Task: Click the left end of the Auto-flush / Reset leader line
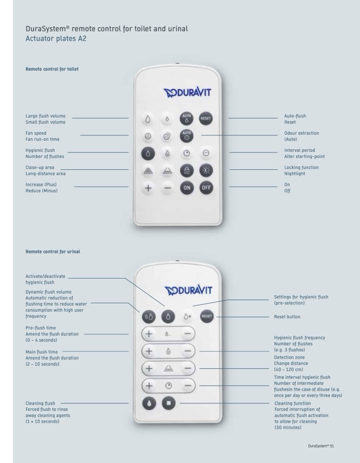click(228, 118)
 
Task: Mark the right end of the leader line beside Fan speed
click(128, 135)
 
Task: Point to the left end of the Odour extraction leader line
click(202, 135)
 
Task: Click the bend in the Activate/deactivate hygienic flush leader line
click(125, 278)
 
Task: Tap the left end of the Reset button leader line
click(217, 317)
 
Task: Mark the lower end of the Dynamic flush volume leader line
click(140, 312)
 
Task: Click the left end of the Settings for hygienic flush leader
click(193, 306)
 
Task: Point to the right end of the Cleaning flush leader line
click(128, 403)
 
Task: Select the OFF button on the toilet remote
click(206, 188)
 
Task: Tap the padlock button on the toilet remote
click(187, 170)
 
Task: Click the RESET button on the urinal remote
click(207, 316)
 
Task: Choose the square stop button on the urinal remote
click(169, 403)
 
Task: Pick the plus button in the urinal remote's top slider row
click(149, 334)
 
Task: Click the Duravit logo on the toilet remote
click(187, 93)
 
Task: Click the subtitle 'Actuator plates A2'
click(56, 39)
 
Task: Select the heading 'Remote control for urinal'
click(53, 252)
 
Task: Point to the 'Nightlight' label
click(295, 174)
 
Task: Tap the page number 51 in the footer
click(332, 446)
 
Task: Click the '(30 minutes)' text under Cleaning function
click(288, 427)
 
